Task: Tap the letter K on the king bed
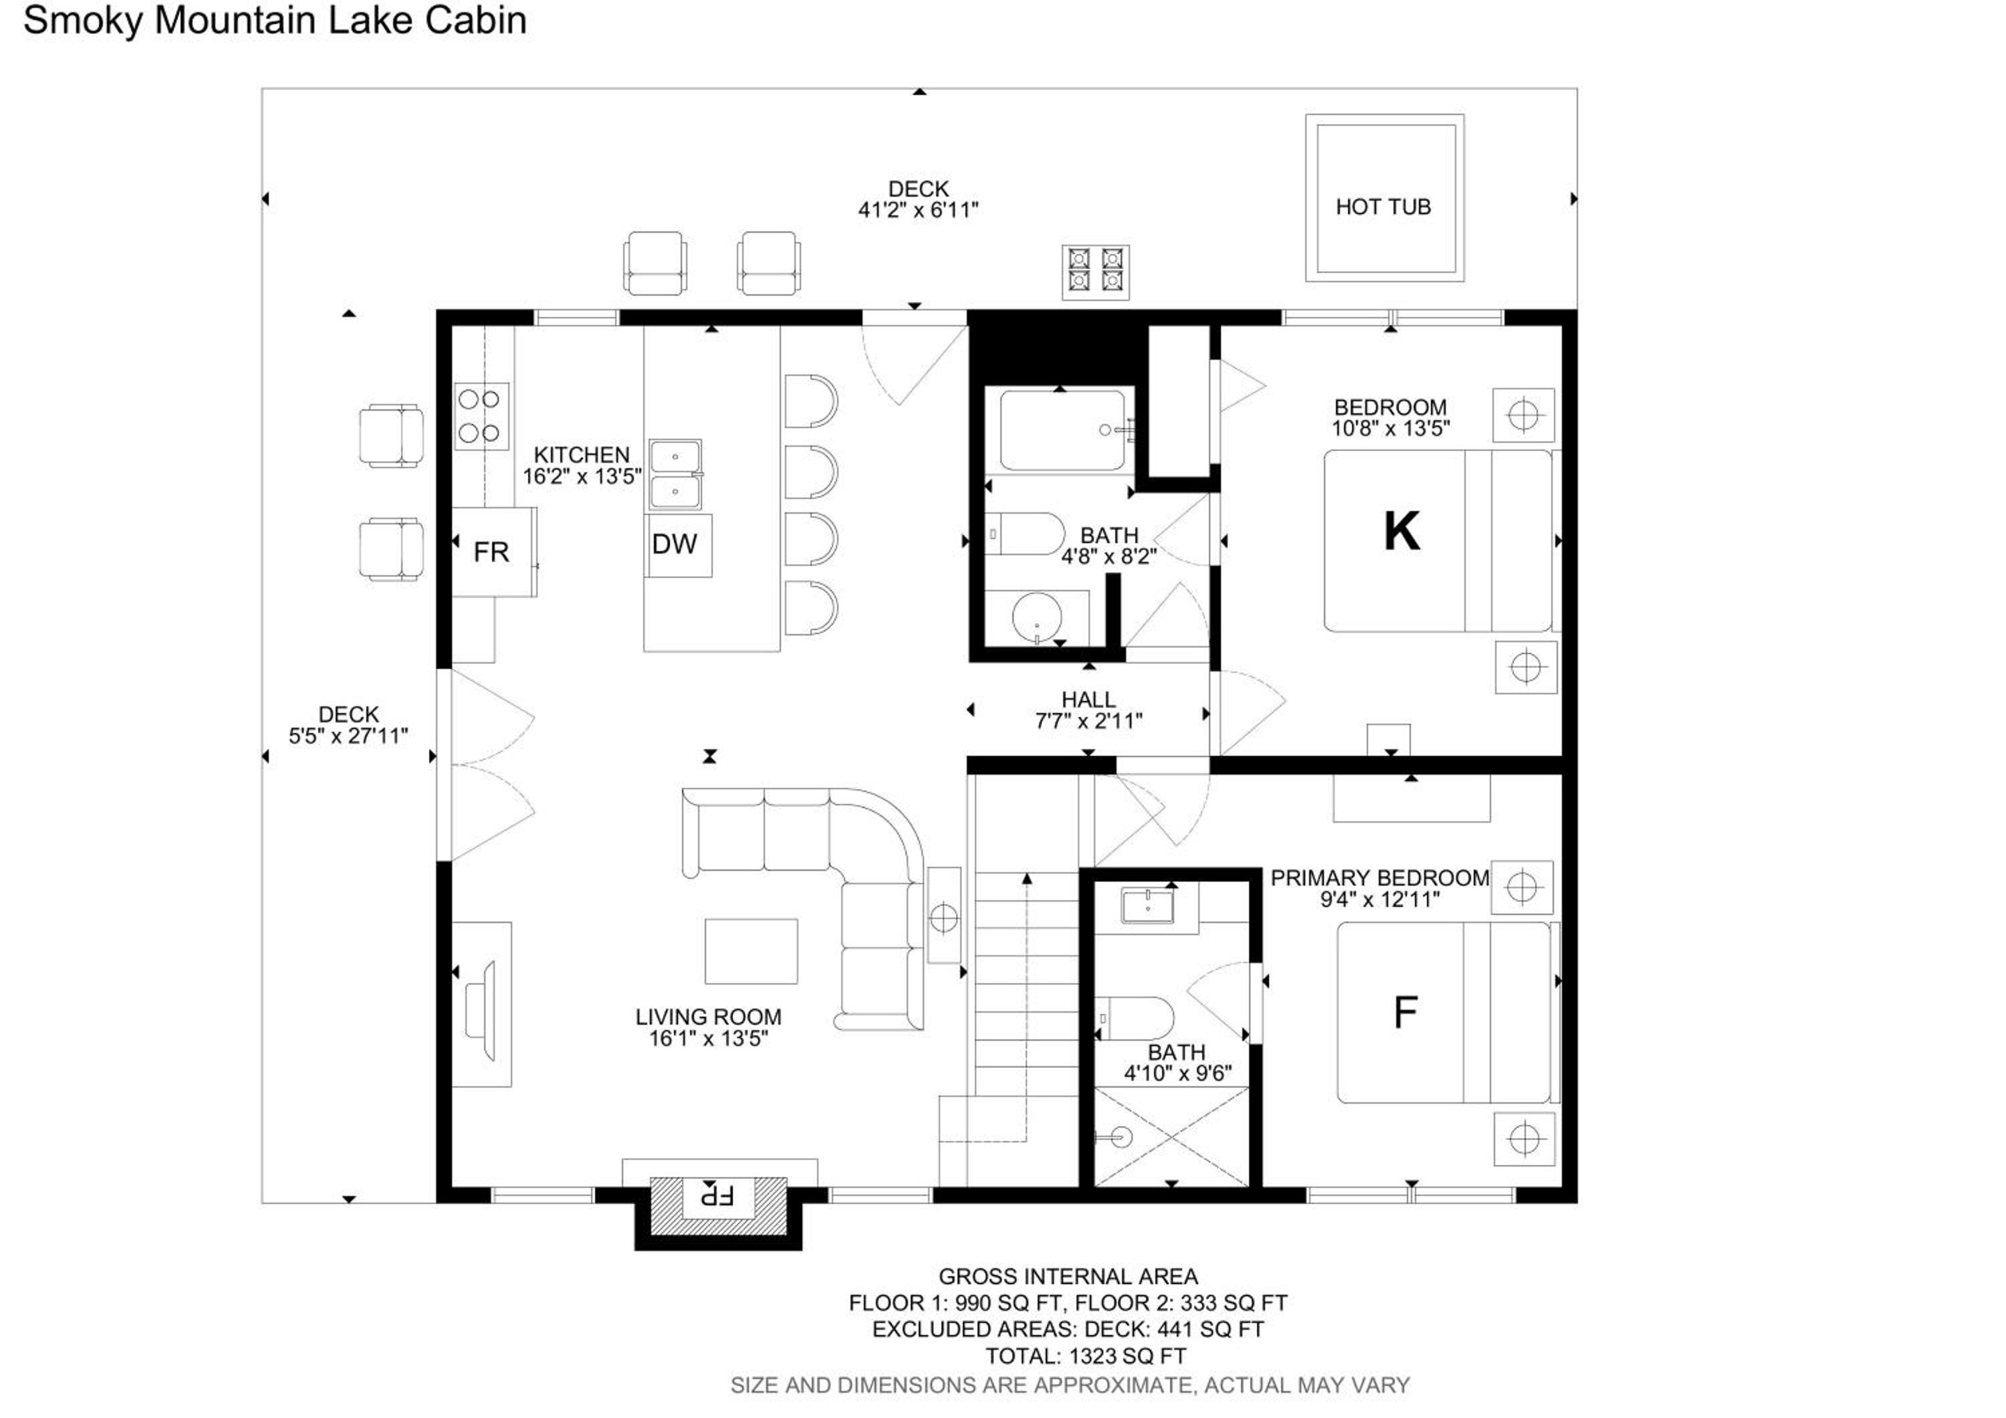pyautogui.click(x=1402, y=530)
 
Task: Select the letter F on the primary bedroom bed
pyautogui.click(x=1405, y=1013)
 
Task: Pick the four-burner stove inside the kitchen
pyautogui.click(x=481, y=417)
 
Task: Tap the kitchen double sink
pyautogui.click(x=675, y=476)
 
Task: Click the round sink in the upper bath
pyautogui.click(x=1037, y=617)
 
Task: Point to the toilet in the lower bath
pyautogui.click(x=1134, y=1019)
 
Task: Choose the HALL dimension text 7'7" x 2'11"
pyautogui.click(x=1089, y=721)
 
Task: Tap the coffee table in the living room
pyautogui.click(x=752, y=951)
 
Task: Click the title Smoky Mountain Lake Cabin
pyautogui.click(x=275, y=21)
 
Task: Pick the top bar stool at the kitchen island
pyautogui.click(x=811, y=402)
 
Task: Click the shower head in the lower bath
pyautogui.click(x=1118, y=1136)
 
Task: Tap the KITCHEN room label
pyautogui.click(x=582, y=455)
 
